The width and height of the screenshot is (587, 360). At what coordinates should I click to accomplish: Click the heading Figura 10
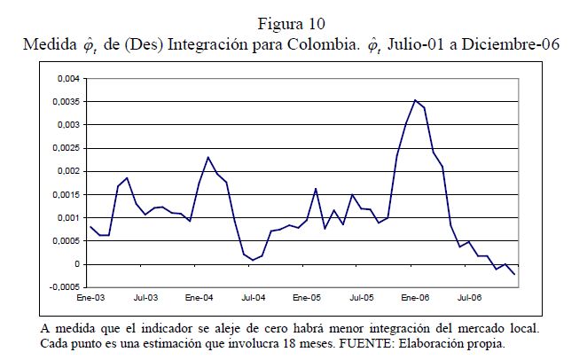(293, 22)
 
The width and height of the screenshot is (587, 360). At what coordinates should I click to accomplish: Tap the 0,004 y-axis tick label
(67, 79)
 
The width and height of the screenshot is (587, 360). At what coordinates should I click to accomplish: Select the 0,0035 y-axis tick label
(65, 102)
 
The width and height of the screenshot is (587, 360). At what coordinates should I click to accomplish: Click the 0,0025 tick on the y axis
(65, 148)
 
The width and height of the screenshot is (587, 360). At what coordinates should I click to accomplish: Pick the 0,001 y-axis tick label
(67, 217)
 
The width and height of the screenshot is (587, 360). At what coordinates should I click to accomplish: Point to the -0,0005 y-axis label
(63, 287)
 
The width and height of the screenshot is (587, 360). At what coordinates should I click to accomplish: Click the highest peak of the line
(415, 100)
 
